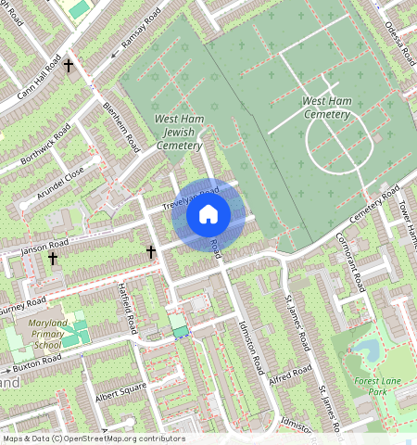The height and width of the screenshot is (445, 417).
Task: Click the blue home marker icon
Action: [x=208, y=215]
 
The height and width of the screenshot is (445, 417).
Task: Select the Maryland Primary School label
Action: [x=39, y=332]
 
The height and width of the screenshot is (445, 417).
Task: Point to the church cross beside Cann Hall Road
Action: [x=69, y=66]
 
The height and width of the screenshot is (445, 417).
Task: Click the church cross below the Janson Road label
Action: [x=54, y=260]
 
